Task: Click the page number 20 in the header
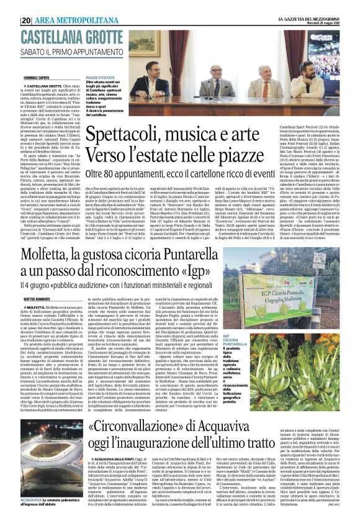click(27, 20)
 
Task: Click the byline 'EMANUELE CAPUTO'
click(37, 78)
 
